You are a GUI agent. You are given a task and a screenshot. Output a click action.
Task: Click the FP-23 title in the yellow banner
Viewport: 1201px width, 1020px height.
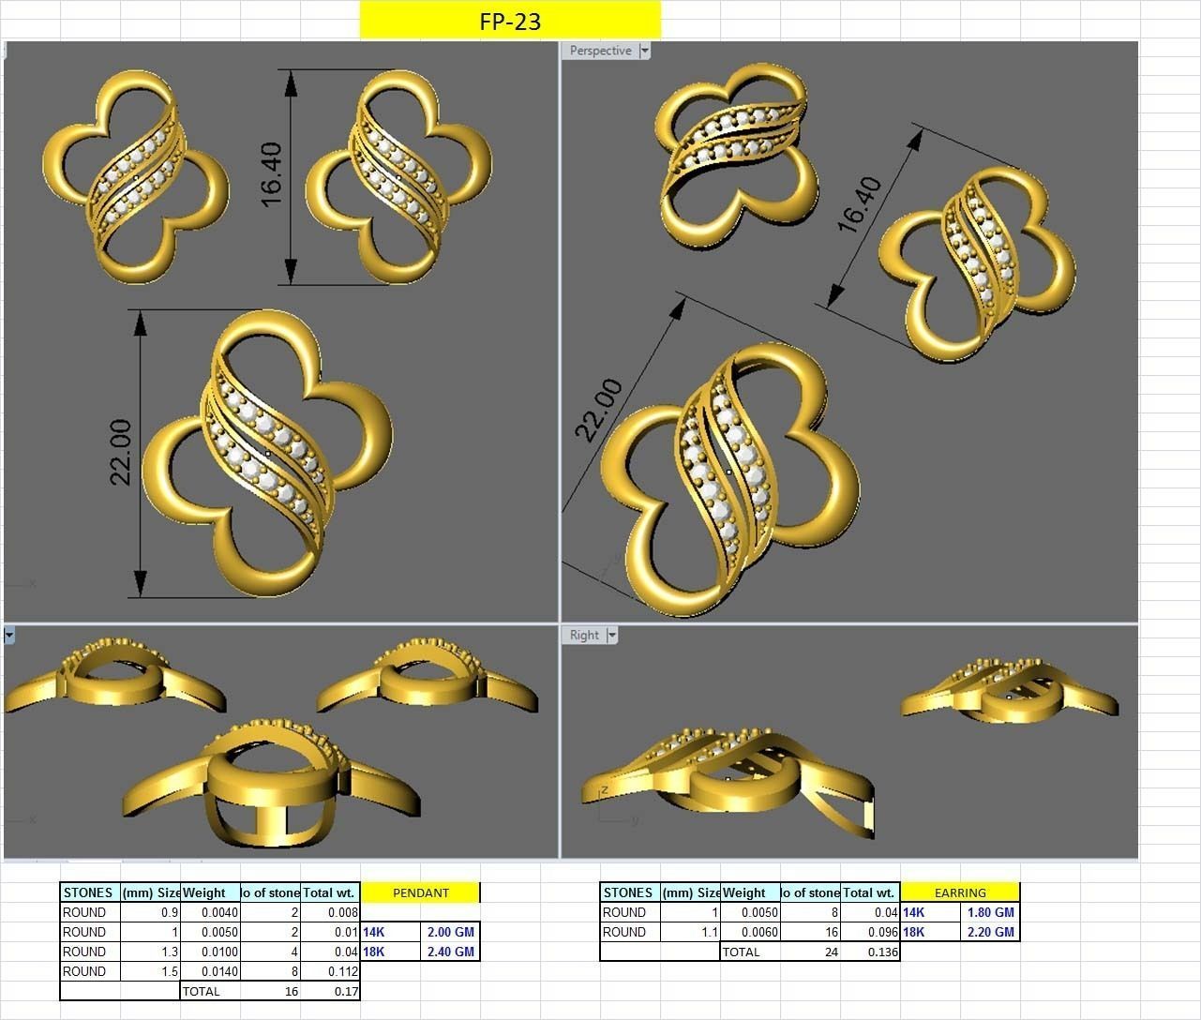click(x=510, y=21)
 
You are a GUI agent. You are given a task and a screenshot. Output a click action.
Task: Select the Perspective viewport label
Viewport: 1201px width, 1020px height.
click(x=600, y=51)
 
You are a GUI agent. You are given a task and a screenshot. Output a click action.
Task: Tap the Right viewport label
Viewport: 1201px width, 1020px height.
click(x=584, y=635)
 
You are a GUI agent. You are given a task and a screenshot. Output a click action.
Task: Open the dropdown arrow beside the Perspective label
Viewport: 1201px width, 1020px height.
click(x=644, y=51)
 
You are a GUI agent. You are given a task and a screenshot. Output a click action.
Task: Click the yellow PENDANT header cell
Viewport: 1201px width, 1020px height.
click(x=420, y=892)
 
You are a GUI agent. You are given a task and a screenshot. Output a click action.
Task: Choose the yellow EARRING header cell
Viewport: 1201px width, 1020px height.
click(x=960, y=892)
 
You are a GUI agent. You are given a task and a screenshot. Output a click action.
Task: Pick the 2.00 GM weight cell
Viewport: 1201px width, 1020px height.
click(x=450, y=932)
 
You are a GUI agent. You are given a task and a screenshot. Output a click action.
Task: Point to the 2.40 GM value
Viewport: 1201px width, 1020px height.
click(x=450, y=952)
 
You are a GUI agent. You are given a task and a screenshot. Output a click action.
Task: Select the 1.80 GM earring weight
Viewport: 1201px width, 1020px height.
click(x=990, y=912)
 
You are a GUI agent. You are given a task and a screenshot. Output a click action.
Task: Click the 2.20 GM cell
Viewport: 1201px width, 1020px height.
click(x=990, y=932)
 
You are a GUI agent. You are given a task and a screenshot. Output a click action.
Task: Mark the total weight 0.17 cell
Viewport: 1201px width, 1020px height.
click(x=346, y=991)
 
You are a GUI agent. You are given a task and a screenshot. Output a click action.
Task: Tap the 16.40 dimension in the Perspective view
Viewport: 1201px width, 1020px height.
click(x=861, y=203)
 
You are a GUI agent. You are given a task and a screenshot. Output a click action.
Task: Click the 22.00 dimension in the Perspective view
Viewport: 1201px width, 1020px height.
click(x=598, y=409)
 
